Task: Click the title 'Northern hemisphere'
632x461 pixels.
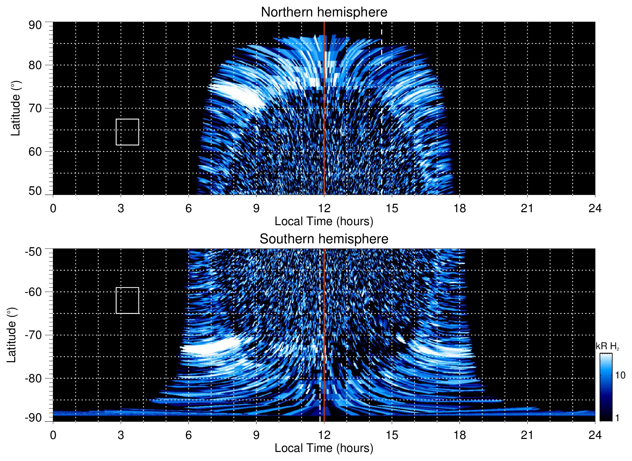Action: tap(324, 12)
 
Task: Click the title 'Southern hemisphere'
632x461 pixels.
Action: tap(324, 239)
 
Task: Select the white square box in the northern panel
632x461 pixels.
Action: tap(127, 132)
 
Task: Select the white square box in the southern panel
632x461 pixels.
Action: tap(127, 300)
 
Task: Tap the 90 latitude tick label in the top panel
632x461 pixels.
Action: tap(35, 25)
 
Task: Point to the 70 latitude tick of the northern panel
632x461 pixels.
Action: tap(35, 108)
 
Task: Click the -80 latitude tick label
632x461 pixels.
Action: tap(33, 378)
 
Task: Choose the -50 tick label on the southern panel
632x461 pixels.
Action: tap(33, 252)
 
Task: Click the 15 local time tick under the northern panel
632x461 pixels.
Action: tap(392, 208)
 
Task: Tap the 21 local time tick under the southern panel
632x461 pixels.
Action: tap(527, 435)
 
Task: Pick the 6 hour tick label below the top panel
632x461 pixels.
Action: tap(189, 208)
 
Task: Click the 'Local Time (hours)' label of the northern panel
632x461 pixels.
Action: tap(324, 221)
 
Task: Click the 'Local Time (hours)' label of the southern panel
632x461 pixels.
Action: tap(324, 448)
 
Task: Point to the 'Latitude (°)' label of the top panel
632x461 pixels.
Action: tap(15, 108)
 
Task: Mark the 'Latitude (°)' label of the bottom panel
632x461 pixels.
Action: tap(11, 335)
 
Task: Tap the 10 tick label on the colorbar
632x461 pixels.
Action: tap(620, 375)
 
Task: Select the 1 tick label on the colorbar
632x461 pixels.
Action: tap(617, 418)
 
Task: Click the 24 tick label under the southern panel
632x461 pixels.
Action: tap(595, 435)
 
